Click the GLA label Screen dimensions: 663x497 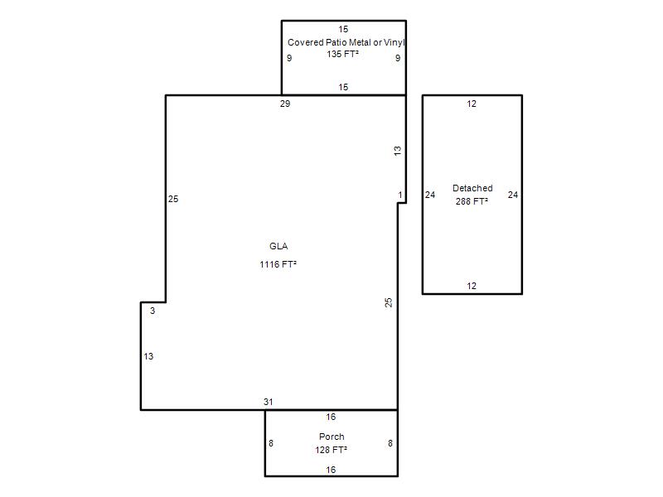(278, 246)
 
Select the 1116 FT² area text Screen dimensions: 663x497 (278, 264)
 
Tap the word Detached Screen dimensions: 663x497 (472, 188)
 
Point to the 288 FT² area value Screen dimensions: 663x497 (472, 201)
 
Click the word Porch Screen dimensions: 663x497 (331, 437)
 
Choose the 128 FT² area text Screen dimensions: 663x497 (331, 450)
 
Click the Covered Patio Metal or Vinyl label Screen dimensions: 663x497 (346, 42)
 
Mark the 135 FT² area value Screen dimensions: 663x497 (342, 54)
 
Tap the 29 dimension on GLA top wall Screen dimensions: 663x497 (285, 104)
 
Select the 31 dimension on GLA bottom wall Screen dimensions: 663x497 (268, 402)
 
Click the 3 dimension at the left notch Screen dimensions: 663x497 (152, 311)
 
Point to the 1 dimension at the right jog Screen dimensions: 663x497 (400, 195)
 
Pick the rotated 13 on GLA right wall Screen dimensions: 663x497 (398, 151)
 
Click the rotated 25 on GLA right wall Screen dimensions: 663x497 (388, 302)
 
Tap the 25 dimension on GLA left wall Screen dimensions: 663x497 (173, 199)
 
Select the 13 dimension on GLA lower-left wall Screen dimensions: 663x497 (148, 356)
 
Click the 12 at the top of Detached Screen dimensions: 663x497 (472, 104)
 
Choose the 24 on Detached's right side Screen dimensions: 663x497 (513, 195)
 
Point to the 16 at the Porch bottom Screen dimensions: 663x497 (331, 470)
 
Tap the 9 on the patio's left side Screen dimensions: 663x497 (289, 58)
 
